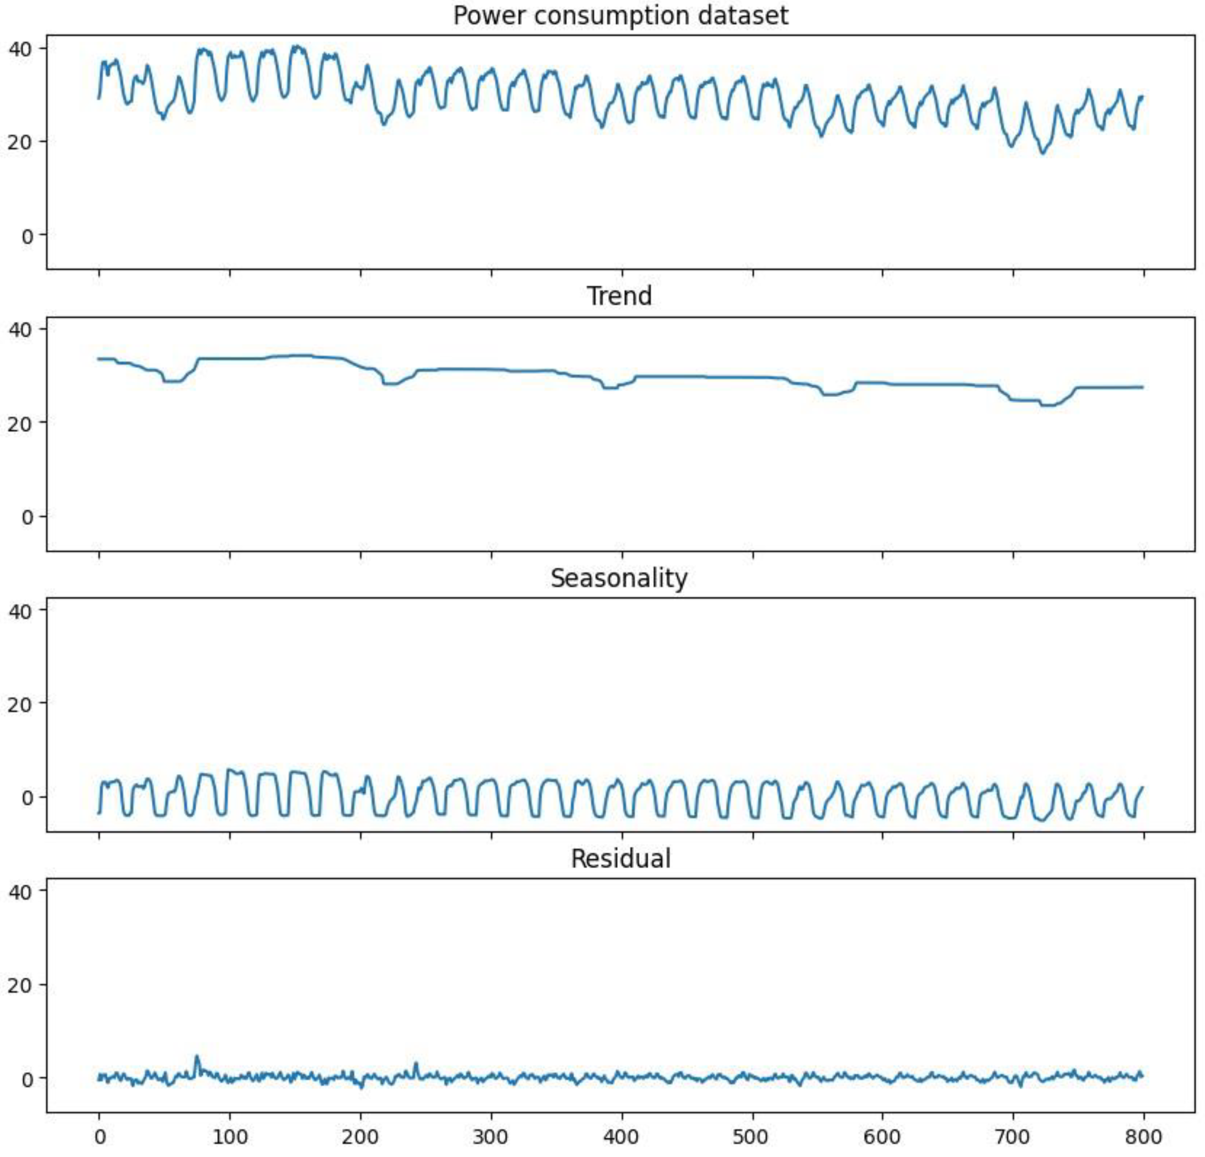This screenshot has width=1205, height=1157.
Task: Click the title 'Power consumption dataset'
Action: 620,15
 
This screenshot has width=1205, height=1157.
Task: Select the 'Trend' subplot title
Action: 619,296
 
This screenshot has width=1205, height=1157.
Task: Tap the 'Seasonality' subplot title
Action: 619,578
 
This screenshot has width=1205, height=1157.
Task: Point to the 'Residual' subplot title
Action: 620,859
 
